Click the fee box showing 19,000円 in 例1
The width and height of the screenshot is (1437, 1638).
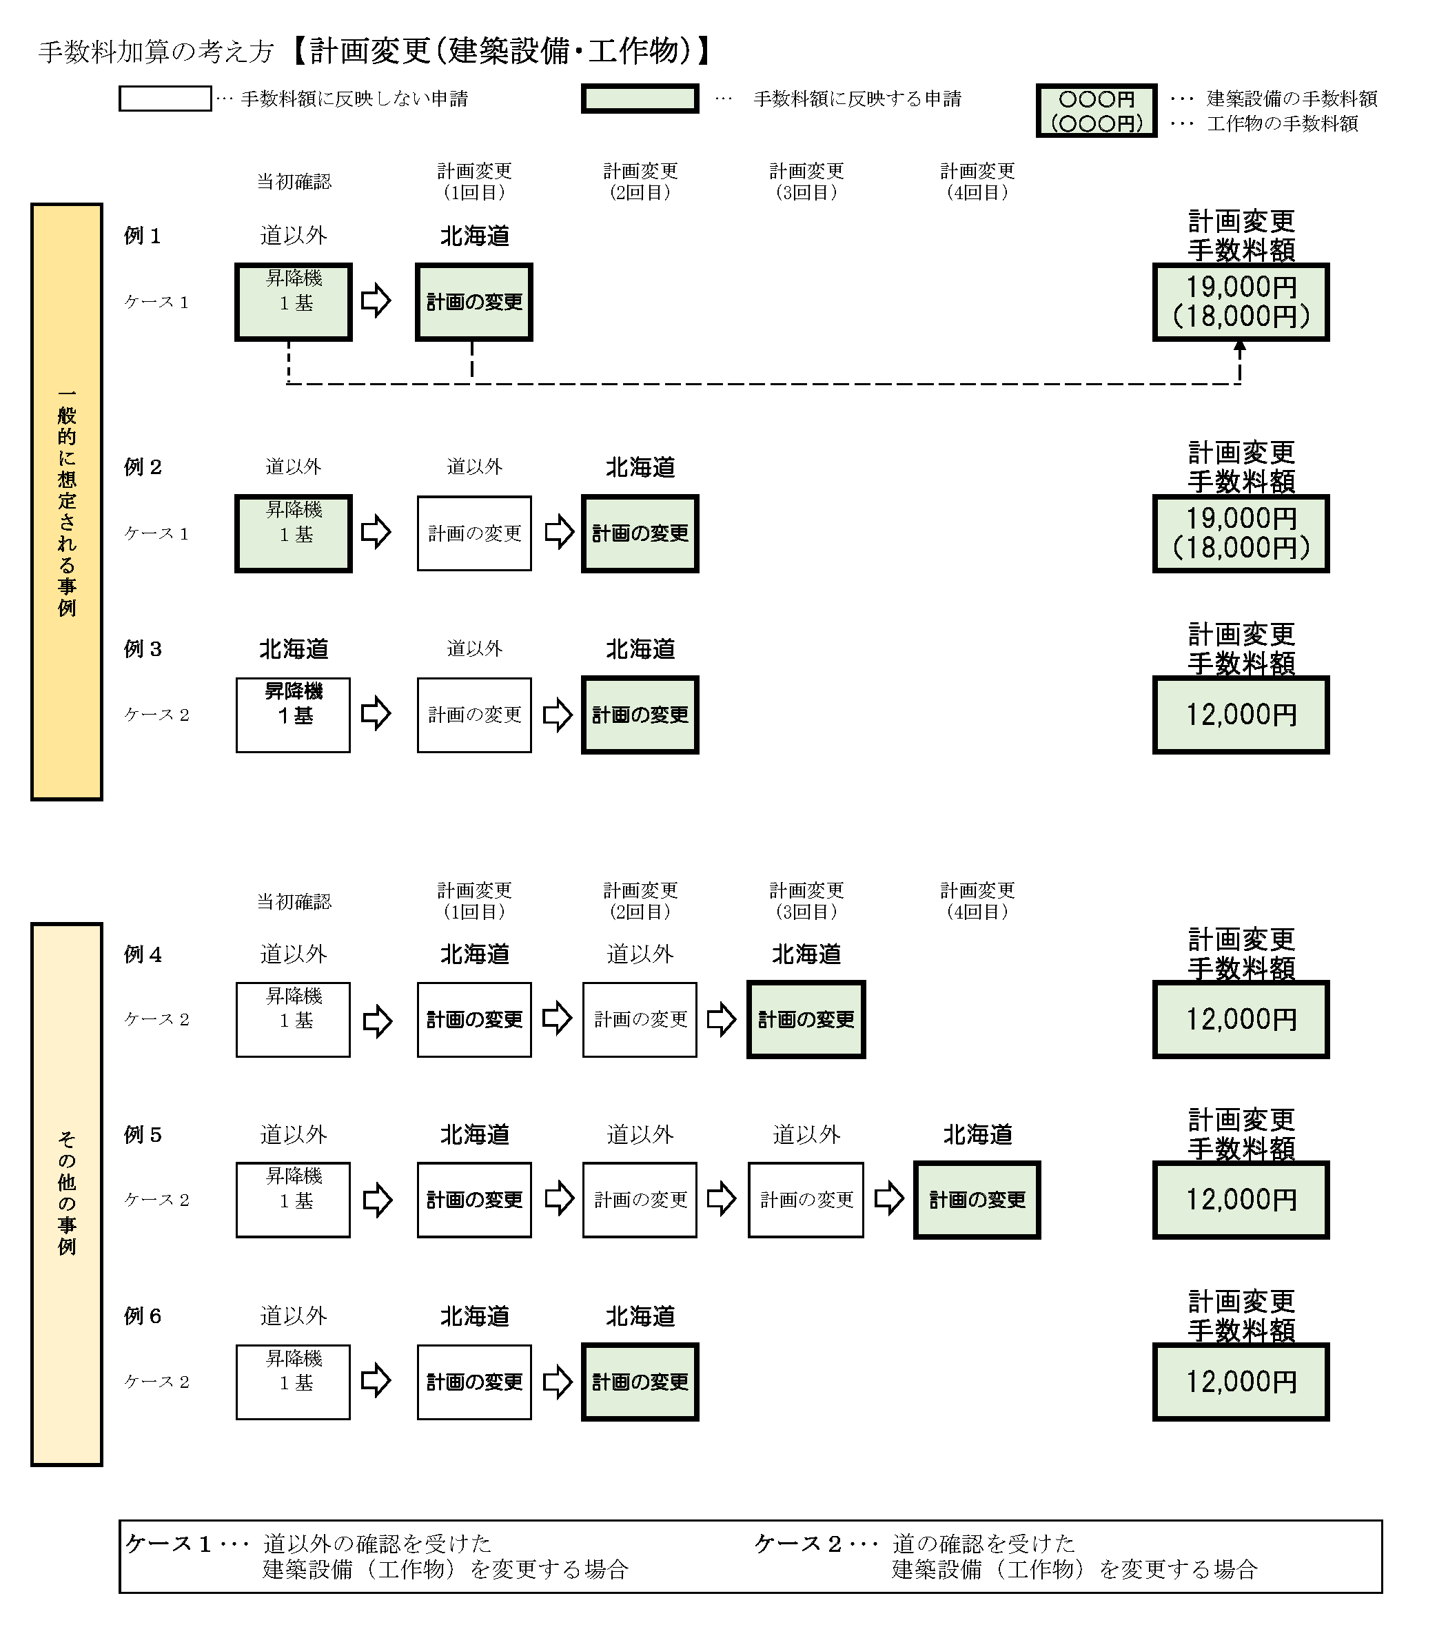pos(1240,302)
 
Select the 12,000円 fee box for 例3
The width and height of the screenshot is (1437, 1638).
pos(1240,715)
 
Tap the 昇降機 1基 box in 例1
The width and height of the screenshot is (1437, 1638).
pos(294,302)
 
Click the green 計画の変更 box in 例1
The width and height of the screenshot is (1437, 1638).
pos(473,302)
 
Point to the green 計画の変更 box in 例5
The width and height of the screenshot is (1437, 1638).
pos(976,1200)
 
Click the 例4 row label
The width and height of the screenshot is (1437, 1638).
pos(143,954)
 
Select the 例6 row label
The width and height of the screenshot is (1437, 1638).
pos(143,1316)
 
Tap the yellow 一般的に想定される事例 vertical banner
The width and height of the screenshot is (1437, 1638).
pos(67,502)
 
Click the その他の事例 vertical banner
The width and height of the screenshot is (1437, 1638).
pos(67,1194)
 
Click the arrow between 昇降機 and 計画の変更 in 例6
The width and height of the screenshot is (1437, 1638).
pos(376,1381)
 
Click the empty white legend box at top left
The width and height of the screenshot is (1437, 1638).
pos(165,99)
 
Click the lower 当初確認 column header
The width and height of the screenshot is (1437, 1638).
pos(294,901)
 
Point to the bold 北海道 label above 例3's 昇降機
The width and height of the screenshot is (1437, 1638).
pos(294,648)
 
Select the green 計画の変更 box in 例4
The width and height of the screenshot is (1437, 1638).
pos(806,1019)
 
